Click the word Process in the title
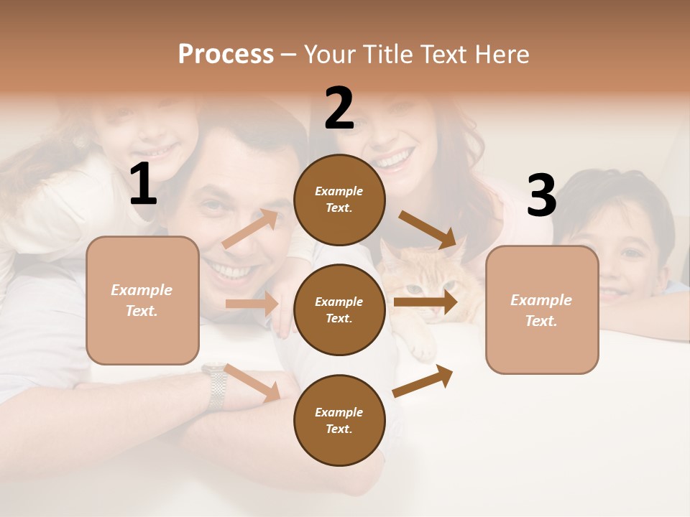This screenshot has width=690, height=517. tap(226, 55)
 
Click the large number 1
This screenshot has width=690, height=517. tap(143, 185)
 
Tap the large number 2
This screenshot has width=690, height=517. tap(339, 108)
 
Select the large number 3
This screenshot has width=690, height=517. tap(541, 195)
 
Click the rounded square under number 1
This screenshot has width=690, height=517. tap(142, 300)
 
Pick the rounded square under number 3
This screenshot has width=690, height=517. tap(542, 309)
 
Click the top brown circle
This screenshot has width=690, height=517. tap(339, 200)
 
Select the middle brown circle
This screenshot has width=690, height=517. tap(339, 309)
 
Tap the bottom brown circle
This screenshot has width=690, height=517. tap(339, 420)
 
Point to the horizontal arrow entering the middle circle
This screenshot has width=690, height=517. tap(252, 304)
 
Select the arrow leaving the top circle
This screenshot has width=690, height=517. tap(427, 229)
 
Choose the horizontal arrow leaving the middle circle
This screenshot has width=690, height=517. tap(425, 302)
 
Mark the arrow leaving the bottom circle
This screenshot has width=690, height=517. tap(423, 381)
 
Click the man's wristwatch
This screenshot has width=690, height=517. tap(215, 386)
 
